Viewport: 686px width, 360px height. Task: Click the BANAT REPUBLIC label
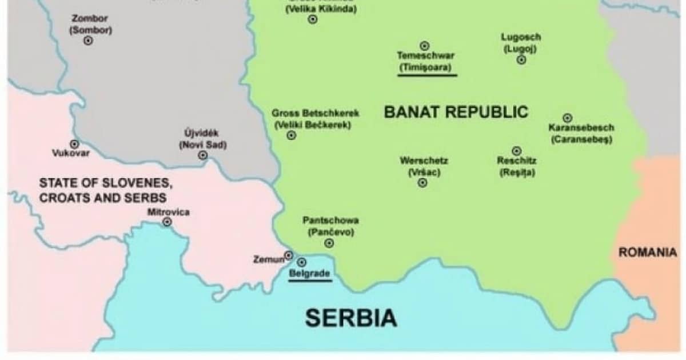coord(456,111)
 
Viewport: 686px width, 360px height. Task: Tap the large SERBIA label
coord(350,318)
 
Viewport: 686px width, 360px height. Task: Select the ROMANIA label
coord(648,252)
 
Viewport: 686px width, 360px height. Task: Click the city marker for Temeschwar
coord(425,46)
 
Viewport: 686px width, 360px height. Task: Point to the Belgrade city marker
coord(302,262)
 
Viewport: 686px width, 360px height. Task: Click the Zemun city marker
coord(289,255)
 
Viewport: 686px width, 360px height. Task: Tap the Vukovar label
coord(71,153)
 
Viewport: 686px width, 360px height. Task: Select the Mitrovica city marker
coord(167,222)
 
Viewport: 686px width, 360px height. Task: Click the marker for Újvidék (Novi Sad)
coord(202,155)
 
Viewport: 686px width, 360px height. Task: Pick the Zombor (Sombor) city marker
coord(88,41)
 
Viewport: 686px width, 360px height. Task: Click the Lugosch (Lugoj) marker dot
coord(521,59)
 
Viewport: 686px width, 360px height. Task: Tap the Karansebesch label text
coord(581,128)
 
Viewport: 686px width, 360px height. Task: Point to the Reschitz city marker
coord(517,151)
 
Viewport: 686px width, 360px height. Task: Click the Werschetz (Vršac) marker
coord(422,183)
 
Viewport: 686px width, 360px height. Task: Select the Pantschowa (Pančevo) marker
coord(329,243)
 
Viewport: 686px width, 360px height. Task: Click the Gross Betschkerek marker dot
coord(292,135)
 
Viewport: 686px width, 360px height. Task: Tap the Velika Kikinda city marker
coord(313,19)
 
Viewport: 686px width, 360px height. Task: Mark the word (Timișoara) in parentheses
coord(426,66)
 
